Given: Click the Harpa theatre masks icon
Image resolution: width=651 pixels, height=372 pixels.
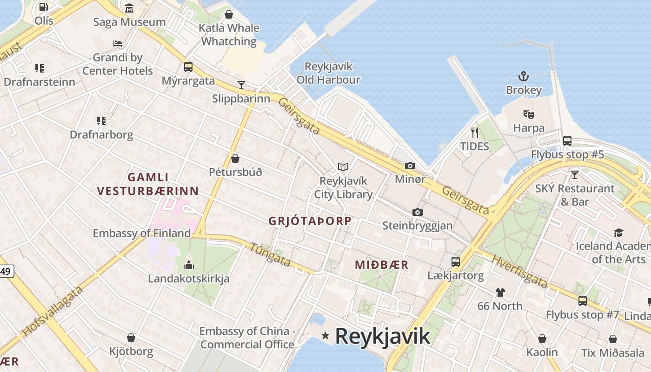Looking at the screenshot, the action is pyautogui.click(x=528, y=114).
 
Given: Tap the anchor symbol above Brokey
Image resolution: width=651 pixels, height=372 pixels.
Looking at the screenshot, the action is pyautogui.click(x=524, y=76).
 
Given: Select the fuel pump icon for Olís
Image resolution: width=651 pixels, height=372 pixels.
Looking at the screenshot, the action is pyautogui.click(x=43, y=7).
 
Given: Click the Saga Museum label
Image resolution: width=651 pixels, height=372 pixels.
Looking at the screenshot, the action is pyautogui.click(x=129, y=22).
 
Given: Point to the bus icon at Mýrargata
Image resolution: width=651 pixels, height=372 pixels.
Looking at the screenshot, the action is pyautogui.click(x=188, y=67).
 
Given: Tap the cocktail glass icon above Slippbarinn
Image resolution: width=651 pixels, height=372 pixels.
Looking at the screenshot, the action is pyautogui.click(x=241, y=85).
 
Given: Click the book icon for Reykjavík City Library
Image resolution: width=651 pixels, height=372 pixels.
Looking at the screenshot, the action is pyautogui.click(x=343, y=166).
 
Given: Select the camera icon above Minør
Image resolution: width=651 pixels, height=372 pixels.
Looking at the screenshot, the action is pyautogui.click(x=410, y=166).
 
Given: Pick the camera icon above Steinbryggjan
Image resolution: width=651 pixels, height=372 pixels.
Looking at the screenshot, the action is pyautogui.click(x=417, y=212).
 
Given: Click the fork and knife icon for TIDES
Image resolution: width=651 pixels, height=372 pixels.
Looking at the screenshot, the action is pyautogui.click(x=474, y=133).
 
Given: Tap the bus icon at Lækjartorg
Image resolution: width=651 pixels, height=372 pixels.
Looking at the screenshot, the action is pyautogui.click(x=455, y=262).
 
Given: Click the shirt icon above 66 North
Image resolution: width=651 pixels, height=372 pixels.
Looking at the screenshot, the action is pyautogui.click(x=500, y=292).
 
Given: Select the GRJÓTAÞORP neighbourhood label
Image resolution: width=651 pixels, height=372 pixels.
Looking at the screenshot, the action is pyautogui.click(x=310, y=221).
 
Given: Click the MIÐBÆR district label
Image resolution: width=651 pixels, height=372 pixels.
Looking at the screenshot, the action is pyautogui.click(x=382, y=265).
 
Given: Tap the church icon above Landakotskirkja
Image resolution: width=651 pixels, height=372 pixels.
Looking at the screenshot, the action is pyautogui.click(x=188, y=265).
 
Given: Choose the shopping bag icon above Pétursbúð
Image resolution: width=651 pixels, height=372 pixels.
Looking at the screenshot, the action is pyautogui.click(x=235, y=159).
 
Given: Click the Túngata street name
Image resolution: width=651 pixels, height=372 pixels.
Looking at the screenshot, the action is pyautogui.click(x=270, y=255).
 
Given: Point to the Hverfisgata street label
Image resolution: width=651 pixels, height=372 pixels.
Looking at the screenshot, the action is pyautogui.click(x=519, y=272).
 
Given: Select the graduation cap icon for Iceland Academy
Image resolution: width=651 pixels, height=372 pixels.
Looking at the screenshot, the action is pyautogui.click(x=618, y=232).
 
